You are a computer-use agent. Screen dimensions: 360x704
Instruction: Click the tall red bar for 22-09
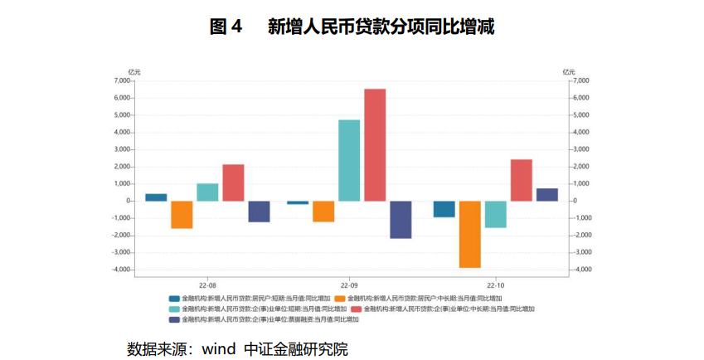click(375, 144)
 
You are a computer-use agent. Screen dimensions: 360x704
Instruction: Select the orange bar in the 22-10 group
click(469, 234)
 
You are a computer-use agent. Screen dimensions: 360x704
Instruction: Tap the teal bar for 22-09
click(349, 160)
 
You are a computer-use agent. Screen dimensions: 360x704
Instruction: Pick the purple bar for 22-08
click(259, 211)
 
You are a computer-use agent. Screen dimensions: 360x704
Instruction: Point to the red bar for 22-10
click(521, 180)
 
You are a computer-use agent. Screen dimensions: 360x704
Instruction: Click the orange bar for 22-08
click(182, 214)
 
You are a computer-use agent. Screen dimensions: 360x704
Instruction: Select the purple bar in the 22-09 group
click(401, 219)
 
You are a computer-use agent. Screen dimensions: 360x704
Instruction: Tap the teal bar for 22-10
click(495, 214)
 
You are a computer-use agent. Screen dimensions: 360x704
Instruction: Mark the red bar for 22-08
click(233, 182)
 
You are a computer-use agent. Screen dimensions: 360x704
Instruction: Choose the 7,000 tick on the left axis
click(121, 80)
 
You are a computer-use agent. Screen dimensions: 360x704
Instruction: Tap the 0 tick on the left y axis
click(128, 201)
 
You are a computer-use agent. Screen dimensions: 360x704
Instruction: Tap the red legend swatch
click(356, 309)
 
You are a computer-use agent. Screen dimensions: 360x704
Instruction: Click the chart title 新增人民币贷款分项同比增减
click(381, 27)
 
